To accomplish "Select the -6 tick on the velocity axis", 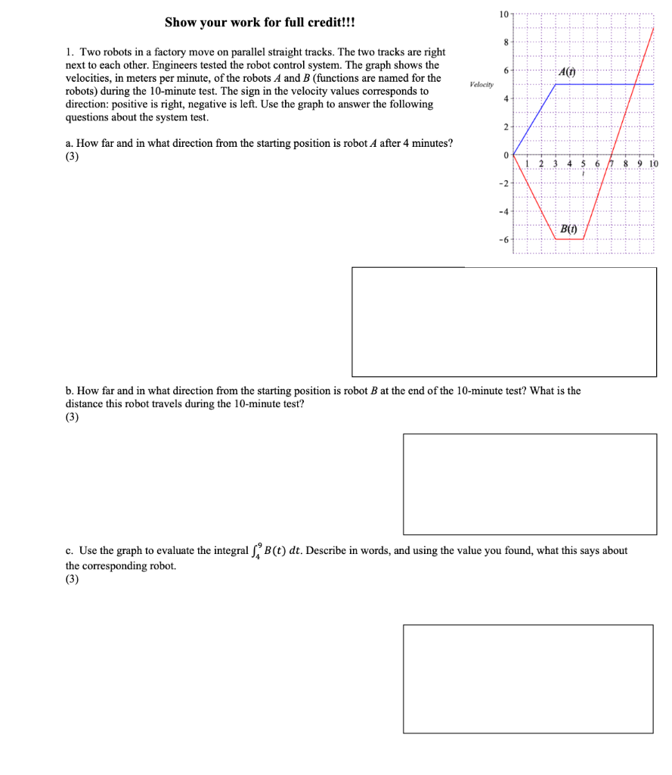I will [503, 239].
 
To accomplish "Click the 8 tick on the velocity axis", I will [506, 42].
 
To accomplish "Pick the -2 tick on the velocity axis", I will [503, 183].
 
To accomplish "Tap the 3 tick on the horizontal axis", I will [555, 164].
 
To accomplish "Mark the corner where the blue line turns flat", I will [556, 84].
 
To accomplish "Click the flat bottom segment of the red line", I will [569, 239].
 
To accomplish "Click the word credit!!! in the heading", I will [326, 22].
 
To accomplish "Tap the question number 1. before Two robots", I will [70, 52].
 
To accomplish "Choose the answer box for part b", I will [529, 484].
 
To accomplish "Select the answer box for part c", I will [528, 678].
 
